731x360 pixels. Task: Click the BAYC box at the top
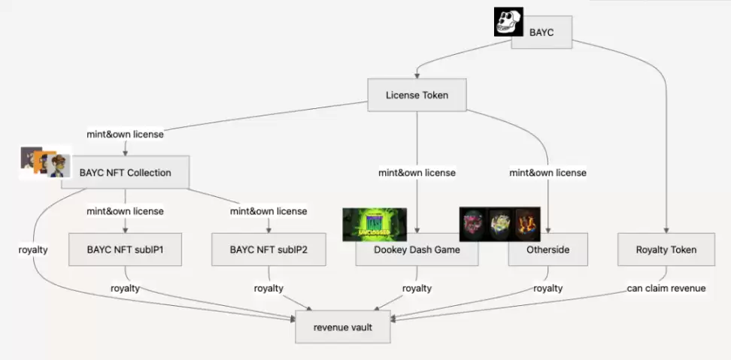[542, 32]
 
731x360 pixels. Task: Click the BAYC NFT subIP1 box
[125, 250]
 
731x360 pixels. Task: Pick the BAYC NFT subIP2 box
[268, 250]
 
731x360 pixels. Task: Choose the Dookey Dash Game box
[417, 250]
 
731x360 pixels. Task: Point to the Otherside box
[548, 250]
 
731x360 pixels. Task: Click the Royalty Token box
[666, 250]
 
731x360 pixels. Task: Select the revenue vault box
[342, 327]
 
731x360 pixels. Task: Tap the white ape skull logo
[508, 22]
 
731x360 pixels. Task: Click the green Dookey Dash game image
[374, 224]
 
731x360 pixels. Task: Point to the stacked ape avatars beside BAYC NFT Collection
[44, 162]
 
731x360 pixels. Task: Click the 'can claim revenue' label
[666, 288]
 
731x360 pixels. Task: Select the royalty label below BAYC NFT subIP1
[126, 288]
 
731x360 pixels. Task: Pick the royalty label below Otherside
[548, 288]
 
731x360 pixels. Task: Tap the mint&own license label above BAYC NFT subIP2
[268, 211]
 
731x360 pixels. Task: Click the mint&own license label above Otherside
[547, 173]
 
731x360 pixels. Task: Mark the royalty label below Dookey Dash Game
[417, 288]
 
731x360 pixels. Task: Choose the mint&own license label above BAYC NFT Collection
[125, 135]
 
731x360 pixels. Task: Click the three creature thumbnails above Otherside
[500, 223]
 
